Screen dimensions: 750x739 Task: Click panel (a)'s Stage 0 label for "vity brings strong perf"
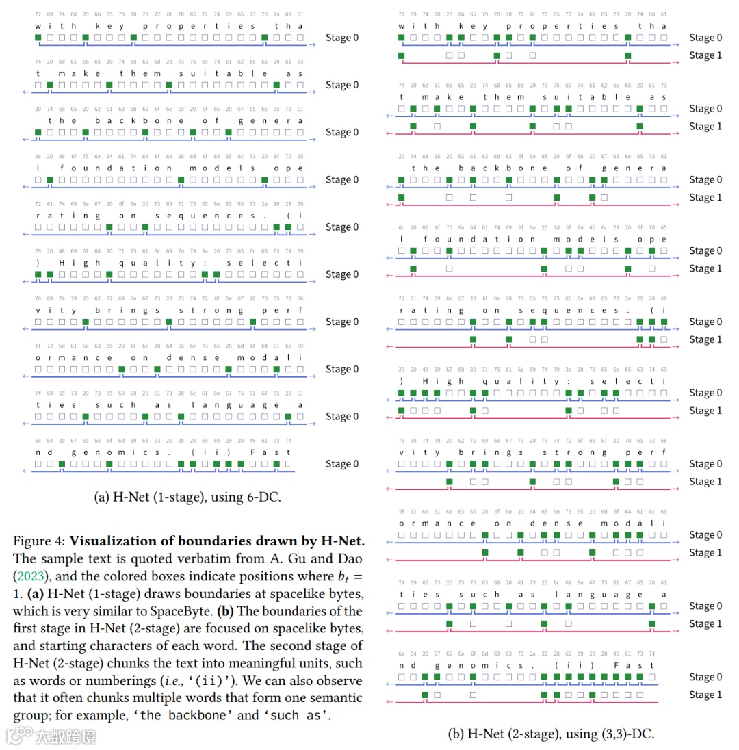pos(342,322)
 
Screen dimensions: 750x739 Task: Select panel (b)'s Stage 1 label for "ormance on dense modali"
pos(705,553)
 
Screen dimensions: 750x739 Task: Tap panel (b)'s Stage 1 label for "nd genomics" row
pos(705,695)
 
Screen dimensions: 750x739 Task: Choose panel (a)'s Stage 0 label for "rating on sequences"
pos(342,227)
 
